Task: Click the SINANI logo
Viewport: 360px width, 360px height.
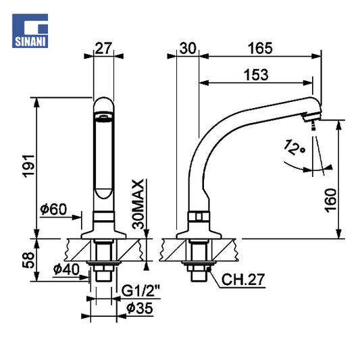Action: tap(30, 31)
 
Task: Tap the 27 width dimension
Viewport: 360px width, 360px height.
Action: tap(103, 48)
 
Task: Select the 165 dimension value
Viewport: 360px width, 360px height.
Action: tap(260, 48)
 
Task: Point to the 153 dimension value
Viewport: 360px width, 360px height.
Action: tap(256, 75)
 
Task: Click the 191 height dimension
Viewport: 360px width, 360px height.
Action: tap(28, 166)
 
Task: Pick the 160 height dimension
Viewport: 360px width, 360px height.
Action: tap(330, 201)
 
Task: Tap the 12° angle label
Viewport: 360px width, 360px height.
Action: tap(294, 147)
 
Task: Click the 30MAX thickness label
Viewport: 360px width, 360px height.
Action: tap(138, 204)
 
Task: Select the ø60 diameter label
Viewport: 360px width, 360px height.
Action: tap(53, 209)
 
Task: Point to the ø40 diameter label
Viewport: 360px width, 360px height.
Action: tap(66, 269)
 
